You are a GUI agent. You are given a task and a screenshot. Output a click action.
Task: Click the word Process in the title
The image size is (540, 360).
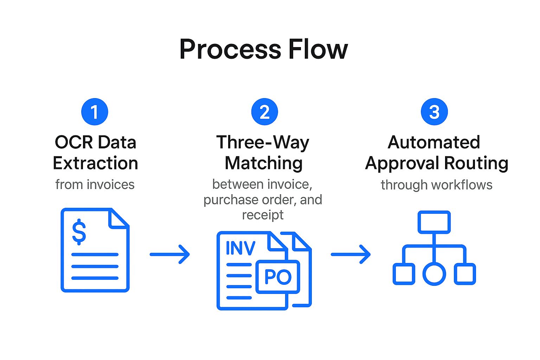pyautogui.click(x=230, y=50)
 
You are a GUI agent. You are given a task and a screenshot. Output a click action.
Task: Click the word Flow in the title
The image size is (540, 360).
pyautogui.click(x=318, y=50)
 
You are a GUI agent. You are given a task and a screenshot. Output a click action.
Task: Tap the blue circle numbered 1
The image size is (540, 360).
pyautogui.click(x=95, y=112)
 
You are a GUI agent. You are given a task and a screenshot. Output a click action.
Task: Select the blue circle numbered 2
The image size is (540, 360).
pyautogui.click(x=264, y=112)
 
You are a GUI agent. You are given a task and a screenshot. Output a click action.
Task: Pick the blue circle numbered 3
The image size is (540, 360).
pyautogui.click(x=434, y=112)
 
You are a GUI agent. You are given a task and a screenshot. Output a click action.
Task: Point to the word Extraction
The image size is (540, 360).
pyautogui.click(x=95, y=163)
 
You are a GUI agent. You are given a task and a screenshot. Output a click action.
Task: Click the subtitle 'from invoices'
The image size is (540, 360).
pyautogui.click(x=95, y=185)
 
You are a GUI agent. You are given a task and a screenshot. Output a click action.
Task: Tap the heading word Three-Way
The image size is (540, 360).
pyautogui.click(x=263, y=142)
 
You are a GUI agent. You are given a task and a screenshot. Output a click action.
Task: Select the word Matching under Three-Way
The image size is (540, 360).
pyautogui.click(x=264, y=163)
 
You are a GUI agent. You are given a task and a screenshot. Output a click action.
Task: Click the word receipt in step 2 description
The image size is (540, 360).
pyautogui.click(x=263, y=215)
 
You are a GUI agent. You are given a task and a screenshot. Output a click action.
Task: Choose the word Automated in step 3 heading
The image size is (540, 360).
pyautogui.click(x=434, y=142)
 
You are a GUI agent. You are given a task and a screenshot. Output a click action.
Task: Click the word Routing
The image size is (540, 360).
pyautogui.click(x=476, y=163)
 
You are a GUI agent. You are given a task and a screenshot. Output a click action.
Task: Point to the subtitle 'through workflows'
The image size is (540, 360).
pyautogui.click(x=436, y=185)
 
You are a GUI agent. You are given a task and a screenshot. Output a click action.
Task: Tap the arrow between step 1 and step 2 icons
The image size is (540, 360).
pyautogui.click(x=170, y=254)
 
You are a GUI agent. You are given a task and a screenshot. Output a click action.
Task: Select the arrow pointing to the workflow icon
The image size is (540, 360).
pyautogui.click(x=351, y=254)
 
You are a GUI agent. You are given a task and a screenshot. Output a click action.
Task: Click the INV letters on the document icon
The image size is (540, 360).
pyautogui.click(x=240, y=248)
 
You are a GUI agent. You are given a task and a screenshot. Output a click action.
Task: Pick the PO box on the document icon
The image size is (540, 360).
pyautogui.click(x=278, y=277)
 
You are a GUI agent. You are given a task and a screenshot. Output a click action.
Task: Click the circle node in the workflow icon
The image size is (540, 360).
pyautogui.click(x=434, y=274)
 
